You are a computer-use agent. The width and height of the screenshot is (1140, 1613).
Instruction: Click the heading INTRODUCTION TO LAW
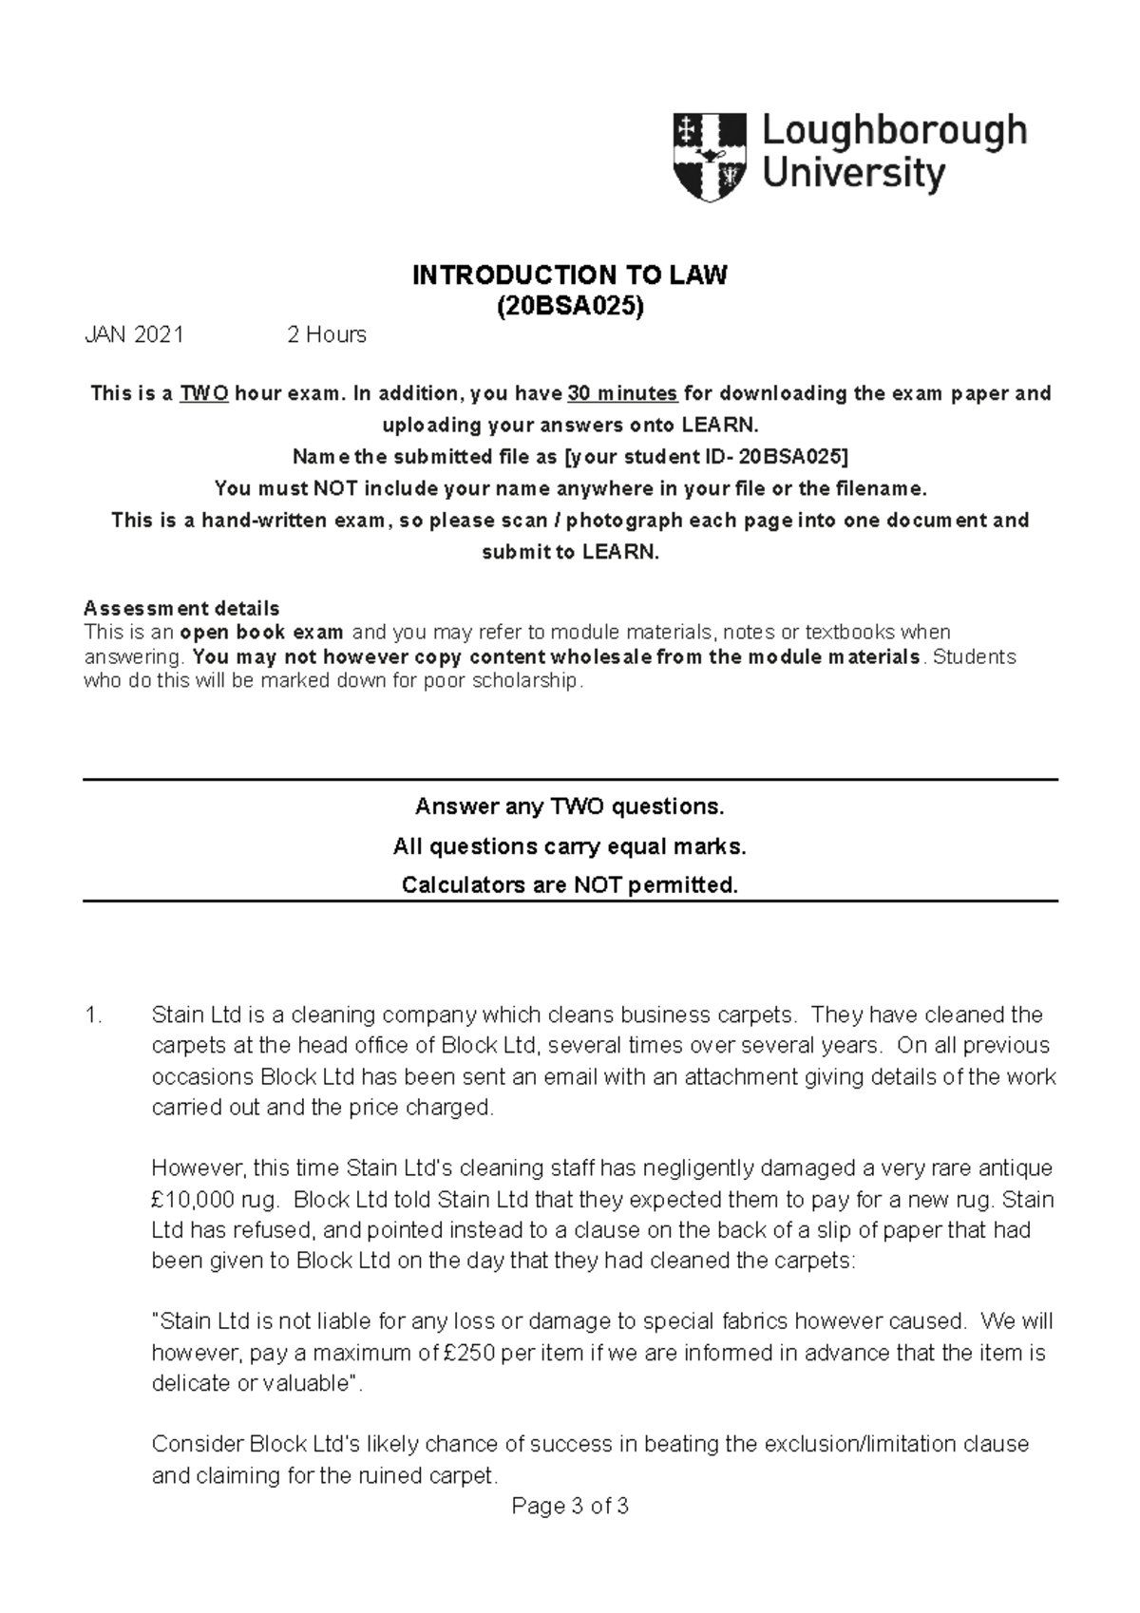tap(569, 275)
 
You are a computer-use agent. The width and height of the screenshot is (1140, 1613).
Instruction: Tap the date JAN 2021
tap(134, 334)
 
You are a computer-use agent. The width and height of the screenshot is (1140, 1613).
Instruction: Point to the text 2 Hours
tap(326, 334)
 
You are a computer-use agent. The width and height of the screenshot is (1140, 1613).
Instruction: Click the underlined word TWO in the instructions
tap(204, 393)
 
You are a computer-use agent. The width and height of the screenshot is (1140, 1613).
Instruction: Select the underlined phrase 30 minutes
tap(622, 393)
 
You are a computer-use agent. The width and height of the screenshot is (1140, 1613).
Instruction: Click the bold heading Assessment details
tap(181, 608)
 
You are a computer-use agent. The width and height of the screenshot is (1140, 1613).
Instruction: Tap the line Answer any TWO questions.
tap(569, 806)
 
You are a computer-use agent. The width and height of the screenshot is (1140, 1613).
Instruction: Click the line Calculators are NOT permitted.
tap(569, 885)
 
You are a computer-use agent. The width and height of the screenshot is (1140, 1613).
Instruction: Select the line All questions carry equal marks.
tap(569, 846)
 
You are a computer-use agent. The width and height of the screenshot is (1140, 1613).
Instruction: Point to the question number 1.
tap(92, 1015)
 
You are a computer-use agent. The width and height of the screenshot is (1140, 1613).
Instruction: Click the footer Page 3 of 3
tap(569, 1507)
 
